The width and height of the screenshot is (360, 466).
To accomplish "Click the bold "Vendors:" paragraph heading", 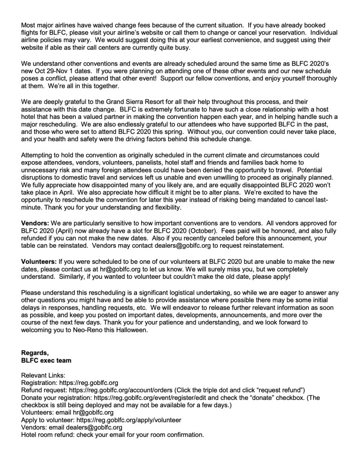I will tap(36, 224).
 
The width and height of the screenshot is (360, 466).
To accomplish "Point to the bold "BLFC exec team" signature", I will tap(46, 359).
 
